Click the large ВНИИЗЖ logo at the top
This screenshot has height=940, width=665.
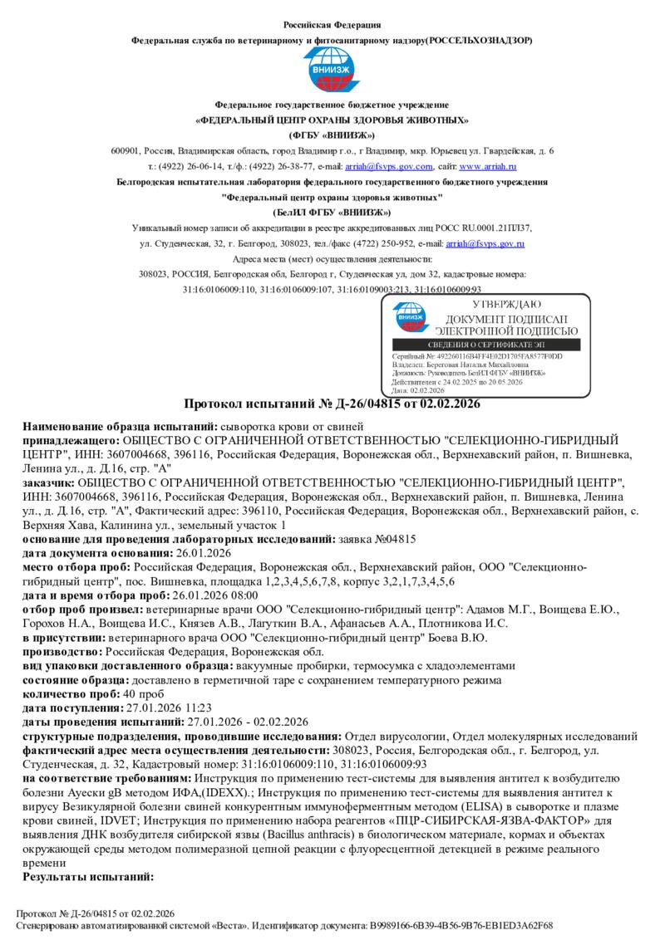point(332,71)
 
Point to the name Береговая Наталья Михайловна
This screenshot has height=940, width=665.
point(490,364)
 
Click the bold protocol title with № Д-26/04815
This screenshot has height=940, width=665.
point(332,404)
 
